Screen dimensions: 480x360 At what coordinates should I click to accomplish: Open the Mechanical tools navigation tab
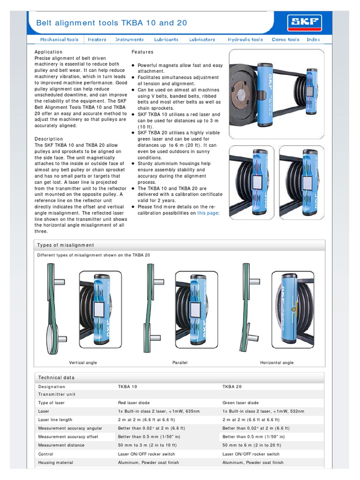click(x=59, y=40)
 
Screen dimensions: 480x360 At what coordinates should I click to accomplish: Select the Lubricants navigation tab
click(x=166, y=40)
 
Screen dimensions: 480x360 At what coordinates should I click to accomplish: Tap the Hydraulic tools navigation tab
click(x=245, y=40)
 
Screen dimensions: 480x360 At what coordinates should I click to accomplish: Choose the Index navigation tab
click(x=313, y=40)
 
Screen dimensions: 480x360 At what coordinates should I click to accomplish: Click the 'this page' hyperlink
click(x=208, y=213)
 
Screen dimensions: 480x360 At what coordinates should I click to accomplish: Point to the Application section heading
click(x=48, y=52)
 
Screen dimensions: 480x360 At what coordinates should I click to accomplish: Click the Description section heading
click(x=49, y=139)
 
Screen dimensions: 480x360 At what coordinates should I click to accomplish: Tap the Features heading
click(x=142, y=52)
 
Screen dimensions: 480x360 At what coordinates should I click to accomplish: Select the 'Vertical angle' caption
click(x=83, y=363)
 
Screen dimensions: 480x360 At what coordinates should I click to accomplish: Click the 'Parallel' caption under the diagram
click(x=180, y=363)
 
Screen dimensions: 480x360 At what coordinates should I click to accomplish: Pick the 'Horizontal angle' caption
click(x=277, y=363)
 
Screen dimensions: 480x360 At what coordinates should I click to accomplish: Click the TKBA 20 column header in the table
click(x=232, y=387)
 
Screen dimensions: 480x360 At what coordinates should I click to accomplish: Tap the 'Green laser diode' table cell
click(x=240, y=403)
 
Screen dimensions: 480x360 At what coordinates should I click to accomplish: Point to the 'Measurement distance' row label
click(x=61, y=445)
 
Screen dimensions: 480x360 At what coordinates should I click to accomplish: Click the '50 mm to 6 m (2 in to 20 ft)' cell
click(x=252, y=445)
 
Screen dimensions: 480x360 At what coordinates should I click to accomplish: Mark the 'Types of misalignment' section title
click(x=66, y=245)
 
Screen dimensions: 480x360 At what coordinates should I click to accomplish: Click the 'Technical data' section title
click(x=56, y=377)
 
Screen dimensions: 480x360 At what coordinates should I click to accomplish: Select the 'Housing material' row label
click(x=56, y=463)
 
